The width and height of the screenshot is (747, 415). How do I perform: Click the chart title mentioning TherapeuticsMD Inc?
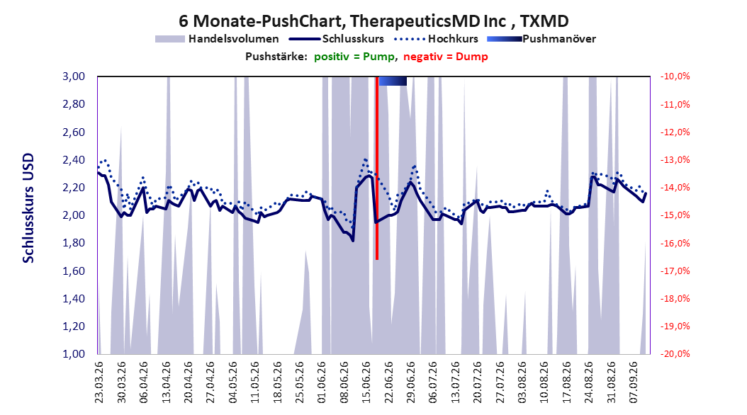point(373,21)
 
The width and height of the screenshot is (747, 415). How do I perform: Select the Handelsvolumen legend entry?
point(218,39)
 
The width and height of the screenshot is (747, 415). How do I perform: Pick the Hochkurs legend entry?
point(437,39)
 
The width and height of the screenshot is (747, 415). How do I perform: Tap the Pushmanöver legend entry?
point(541,39)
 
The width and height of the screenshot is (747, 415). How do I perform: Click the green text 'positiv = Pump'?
point(354,57)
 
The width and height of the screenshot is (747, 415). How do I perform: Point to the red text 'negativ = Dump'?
point(446,57)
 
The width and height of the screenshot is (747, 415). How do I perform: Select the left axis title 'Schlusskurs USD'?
point(28,207)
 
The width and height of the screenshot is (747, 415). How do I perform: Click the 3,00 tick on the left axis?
point(74,76)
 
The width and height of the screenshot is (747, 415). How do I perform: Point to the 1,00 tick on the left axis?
point(74,354)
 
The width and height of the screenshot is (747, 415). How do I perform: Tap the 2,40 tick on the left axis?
point(74,160)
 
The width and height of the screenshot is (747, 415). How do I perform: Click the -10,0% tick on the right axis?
point(675,76)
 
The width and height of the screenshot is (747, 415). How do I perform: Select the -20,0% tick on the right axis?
point(675,354)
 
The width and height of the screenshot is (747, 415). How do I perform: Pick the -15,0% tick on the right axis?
point(675,215)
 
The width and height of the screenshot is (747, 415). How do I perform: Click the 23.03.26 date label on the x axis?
point(99,382)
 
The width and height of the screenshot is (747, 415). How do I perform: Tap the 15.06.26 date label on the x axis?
point(366,382)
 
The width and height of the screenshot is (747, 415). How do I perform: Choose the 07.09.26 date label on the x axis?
point(633,382)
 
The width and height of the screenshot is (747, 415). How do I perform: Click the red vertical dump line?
point(377,168)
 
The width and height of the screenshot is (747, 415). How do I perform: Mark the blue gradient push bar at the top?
point(393,81)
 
